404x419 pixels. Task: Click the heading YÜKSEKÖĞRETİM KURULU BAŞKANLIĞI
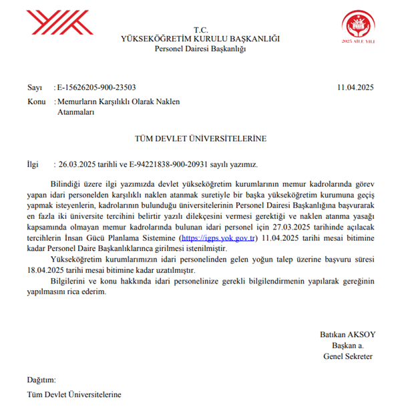pyautogui.click(x=201, y=39)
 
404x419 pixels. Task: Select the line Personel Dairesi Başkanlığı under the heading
pyautogui.click(x=201, y=49)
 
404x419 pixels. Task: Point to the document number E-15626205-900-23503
pyautogui.click(x=97, y=87)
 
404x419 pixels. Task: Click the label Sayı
pyautogui.click(x=34, y=87)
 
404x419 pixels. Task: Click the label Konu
pyautogui.click(x=37, y=101)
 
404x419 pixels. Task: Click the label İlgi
pyautogui.click(x=33, y=163)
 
